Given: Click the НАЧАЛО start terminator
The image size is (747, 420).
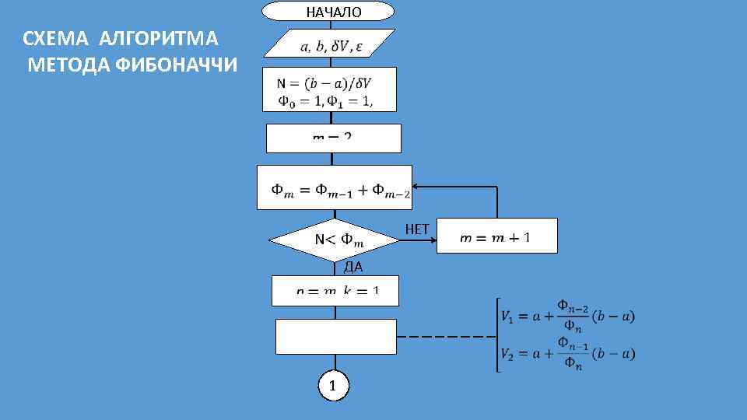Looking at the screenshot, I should pos(328,12).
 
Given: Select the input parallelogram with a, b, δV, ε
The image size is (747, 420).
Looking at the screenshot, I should pos(330,44).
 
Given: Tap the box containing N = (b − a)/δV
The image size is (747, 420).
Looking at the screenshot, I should pos(329,89).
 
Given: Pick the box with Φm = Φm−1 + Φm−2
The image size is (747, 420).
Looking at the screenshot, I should pos(335,187).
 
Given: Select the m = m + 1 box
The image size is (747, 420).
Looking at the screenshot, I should pos(496,236).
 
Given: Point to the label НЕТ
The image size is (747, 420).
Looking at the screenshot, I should pos(417,229).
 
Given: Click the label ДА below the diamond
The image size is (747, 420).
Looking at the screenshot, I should pos(352,268).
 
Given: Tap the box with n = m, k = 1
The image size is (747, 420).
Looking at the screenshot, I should pos(335,290).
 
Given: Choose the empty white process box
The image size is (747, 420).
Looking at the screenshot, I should pos(336,336).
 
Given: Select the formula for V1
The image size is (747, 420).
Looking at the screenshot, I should pos(569,314).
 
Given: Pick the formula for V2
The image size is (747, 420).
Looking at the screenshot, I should pos(569,353).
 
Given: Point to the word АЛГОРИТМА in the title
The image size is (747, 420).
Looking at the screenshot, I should pos(160,38).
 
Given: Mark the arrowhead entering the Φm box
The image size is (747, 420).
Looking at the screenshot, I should pos(416,187).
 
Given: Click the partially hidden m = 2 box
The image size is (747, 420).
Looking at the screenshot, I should pos(333,138).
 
